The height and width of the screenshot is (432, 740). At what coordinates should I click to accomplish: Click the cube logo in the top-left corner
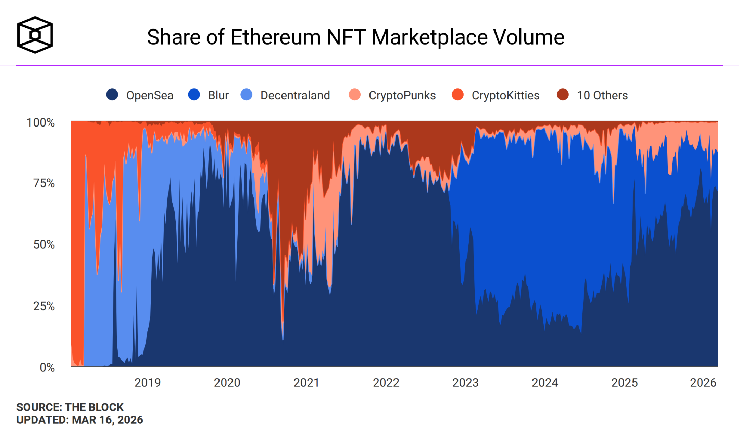35,35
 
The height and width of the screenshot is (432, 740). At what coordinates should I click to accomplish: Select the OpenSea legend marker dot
112,95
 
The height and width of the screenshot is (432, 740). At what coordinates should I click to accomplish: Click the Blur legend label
218,95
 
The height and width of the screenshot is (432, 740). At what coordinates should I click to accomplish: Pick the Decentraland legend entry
295,95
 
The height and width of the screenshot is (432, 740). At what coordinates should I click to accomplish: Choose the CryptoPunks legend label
402,95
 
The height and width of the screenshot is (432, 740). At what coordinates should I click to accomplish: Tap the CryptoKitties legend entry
505,95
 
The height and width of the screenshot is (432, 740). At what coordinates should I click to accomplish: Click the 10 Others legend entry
602,95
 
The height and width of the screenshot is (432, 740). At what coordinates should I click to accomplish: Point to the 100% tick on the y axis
41,122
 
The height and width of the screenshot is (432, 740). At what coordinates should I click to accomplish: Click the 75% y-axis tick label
44,183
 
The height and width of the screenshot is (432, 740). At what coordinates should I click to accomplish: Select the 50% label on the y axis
44,244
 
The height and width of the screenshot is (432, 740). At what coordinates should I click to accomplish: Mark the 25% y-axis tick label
44,306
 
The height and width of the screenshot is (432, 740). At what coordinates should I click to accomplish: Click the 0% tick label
47,368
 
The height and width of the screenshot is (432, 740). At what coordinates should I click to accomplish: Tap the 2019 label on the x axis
148,383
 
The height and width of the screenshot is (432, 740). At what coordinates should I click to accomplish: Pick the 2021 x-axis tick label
306,383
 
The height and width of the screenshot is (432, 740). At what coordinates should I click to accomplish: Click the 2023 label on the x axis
465,383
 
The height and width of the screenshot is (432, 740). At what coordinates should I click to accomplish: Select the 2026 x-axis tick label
703,383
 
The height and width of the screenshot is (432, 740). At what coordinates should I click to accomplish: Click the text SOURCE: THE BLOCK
70,407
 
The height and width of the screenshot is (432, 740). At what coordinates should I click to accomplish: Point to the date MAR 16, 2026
108,420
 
